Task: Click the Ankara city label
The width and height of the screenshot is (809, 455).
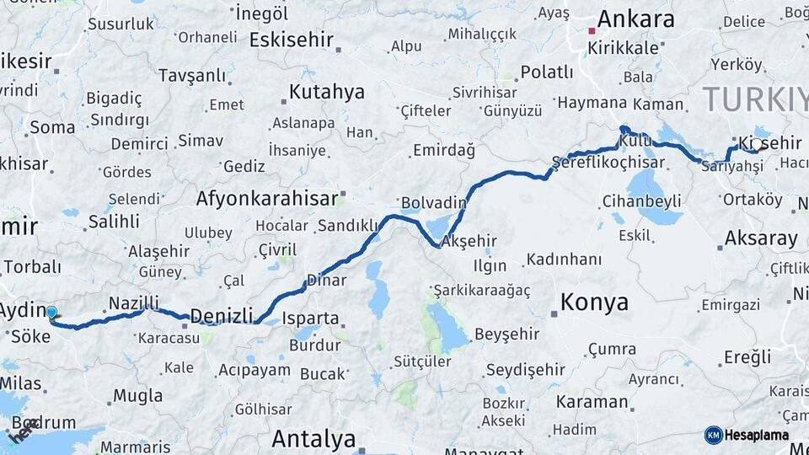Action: (635, 19)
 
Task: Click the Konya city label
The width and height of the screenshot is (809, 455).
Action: (594, 302)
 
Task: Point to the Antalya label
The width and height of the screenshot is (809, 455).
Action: (313, 439)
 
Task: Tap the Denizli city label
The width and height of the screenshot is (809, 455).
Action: (221, 316)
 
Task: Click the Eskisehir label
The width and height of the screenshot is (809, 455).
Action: (291, 40)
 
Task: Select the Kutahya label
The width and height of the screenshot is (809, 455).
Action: (326, 92)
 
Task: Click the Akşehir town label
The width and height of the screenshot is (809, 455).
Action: (469, 241)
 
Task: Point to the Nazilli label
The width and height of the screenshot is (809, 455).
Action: (134, 303)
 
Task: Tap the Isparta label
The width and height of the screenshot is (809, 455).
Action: (311, 319)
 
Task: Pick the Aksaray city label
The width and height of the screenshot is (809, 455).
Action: (761, 238)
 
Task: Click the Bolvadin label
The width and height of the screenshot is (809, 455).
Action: (434, 203)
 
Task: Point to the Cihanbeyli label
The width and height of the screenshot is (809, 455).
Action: (641, 201)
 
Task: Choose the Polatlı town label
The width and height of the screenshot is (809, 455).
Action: (546, 72)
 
